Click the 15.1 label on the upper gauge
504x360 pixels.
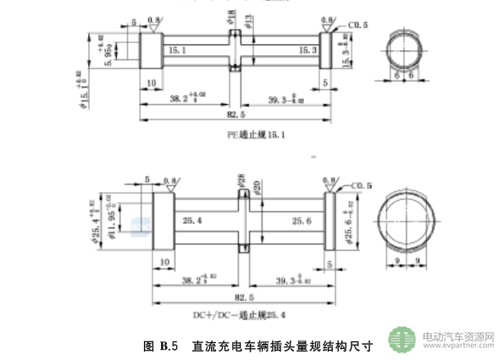[179, 51]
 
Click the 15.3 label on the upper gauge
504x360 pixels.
[307, 51]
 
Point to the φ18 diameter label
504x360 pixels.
[231, 15]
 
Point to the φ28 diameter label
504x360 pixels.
[241, 180]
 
